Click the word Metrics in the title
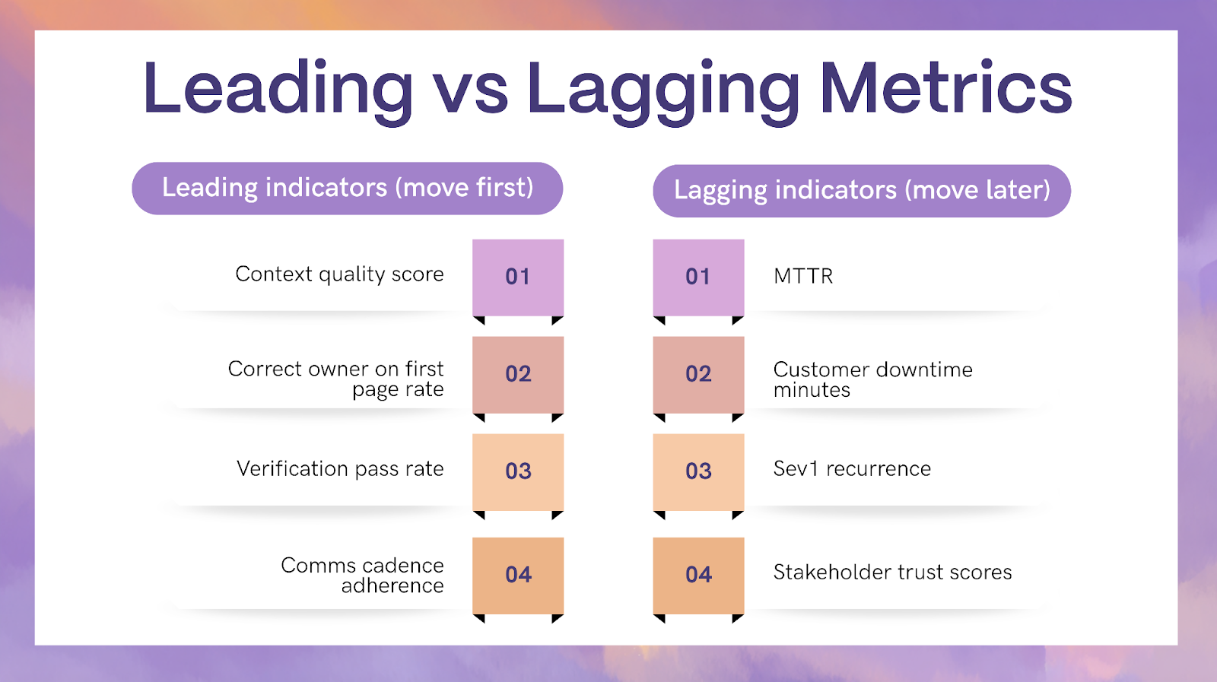(946, 88)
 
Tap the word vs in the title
(471, 94)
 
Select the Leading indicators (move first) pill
(347, 189)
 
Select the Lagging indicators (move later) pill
(862, 191)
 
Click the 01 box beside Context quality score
(518, 278)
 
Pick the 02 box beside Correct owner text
(518, 375)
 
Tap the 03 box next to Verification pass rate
(518, 472)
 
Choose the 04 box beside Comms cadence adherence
(518, 576)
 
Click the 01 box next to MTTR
(699, 278)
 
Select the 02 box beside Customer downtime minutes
(699, 375)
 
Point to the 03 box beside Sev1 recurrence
(699, 472)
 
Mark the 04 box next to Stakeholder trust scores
(699, 576)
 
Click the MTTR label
(803, 277)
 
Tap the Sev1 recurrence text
(852, 468)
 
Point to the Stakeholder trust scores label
(893, 573)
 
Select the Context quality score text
(339, 274)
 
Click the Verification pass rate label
(340, 469)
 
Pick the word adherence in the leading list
(392, 586)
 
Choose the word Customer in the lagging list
(821, 370)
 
